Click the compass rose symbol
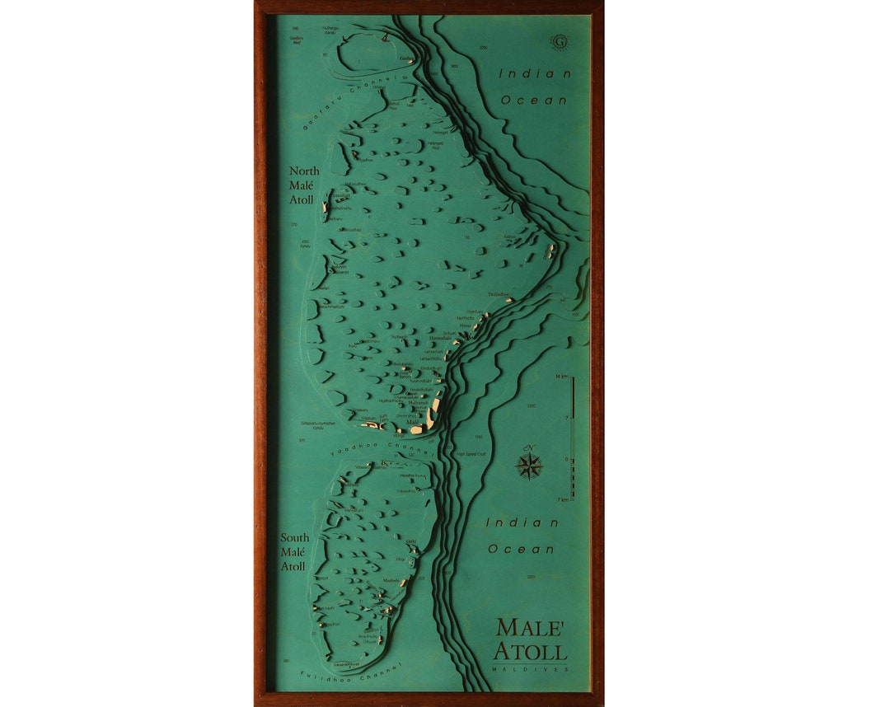click(529, 466)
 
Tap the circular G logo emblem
click(560, 40)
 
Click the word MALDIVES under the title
click(531, 669)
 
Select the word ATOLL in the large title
click(531, 652)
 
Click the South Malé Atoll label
click(294, 552)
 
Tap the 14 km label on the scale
click(563, 377)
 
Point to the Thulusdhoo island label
click(499, 294)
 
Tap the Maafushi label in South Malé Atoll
click(391, 581)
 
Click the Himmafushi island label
click(441, 339)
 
